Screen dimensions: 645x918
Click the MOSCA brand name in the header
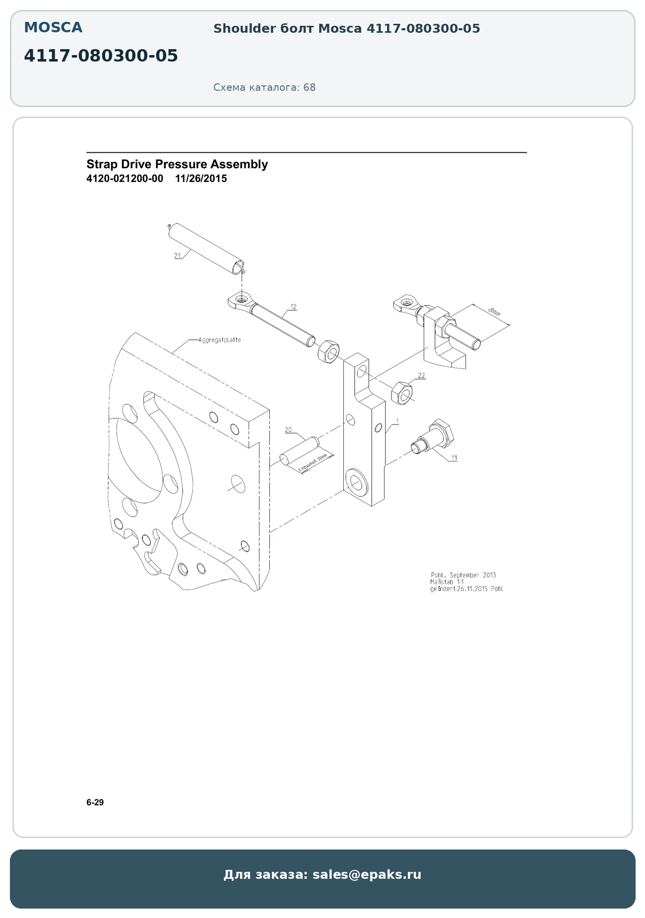click(53, 27)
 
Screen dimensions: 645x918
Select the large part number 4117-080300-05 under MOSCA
click(101, 56)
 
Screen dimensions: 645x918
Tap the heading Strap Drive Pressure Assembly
click(177, 164)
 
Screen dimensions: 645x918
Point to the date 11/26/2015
click(201, 179)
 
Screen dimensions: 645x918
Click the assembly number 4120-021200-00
click(125, 179)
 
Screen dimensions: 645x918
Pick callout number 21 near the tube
click(178, 256)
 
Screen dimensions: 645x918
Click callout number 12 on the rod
click(293, 307)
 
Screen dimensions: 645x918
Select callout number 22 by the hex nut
click(421, 376)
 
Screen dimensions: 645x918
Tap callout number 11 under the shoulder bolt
click(454, 458)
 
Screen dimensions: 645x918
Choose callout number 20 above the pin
click(288, 430)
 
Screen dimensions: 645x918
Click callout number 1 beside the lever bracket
click(397, 421)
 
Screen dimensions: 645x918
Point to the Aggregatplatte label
click(220, 340)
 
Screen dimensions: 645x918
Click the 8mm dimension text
click(494, 312)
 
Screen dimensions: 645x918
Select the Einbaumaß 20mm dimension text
click(313, 463)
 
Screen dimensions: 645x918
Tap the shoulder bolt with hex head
click(433, 437)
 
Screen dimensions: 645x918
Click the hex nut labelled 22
click(401, 393)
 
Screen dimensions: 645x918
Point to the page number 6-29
click(95, 802)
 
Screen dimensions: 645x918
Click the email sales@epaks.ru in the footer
click(367, 874)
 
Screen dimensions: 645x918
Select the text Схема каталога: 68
click(264, 87)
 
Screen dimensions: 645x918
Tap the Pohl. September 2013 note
click(463, 575)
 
